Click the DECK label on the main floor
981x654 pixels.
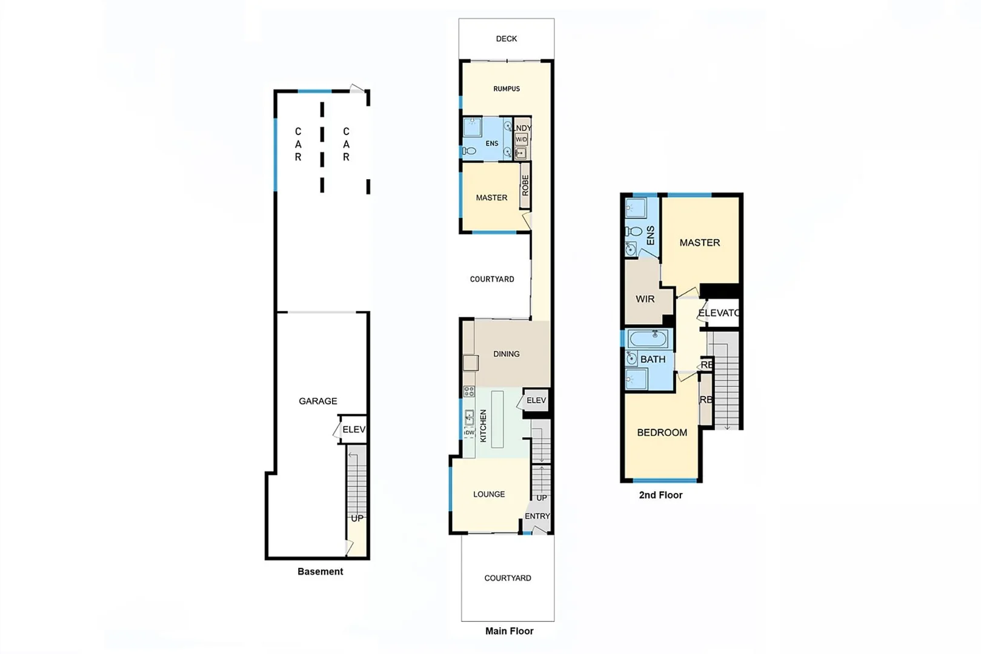pos(506,39)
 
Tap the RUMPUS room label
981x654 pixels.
pos(506,89)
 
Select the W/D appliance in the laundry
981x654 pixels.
pos(521,140)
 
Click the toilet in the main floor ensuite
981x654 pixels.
pos(469,151)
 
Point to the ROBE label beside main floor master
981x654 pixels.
pos(525,185)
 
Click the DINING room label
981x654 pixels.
pos(506,354)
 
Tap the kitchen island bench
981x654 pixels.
pos(497,419)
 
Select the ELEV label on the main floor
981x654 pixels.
pos(536,400)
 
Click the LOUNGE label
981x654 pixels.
pos(488,494)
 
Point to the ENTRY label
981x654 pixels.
pos(537,516)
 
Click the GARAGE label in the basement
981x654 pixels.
pos(318,401)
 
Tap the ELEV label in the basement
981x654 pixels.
pos(354,429)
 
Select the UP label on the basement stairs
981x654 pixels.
pos(357,518)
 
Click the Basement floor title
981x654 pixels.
pos(320,572)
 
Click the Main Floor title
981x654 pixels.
pos(509,631)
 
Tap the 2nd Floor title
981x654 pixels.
pos(660,495)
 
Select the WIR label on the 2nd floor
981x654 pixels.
pos(645,299)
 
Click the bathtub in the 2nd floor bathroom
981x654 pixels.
pos(648,339)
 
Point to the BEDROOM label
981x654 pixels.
pos(662,432)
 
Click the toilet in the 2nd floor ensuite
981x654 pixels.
pos(634,231)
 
